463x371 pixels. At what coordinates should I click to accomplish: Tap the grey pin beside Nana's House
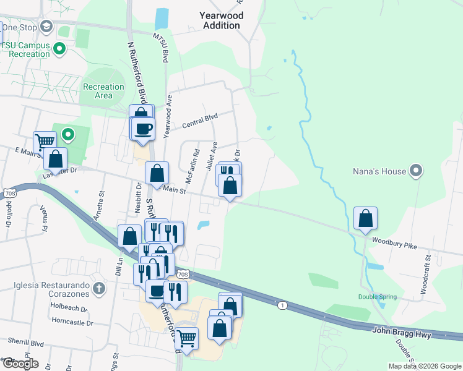417,171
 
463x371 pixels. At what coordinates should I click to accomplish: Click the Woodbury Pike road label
391,245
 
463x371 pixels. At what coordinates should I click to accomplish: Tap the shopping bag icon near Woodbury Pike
366,219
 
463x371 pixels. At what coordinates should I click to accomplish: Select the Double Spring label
378,297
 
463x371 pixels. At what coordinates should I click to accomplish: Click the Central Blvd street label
201,121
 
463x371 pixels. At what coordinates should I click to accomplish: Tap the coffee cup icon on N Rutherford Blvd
143,129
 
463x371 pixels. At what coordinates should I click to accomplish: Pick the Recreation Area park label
103,91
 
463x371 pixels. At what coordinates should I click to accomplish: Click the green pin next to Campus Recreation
60,48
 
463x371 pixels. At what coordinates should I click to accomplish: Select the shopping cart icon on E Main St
44,142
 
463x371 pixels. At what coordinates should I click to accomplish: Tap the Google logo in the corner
20,364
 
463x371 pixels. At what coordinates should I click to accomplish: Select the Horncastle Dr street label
72,322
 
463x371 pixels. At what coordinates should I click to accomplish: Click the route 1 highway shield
282,305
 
